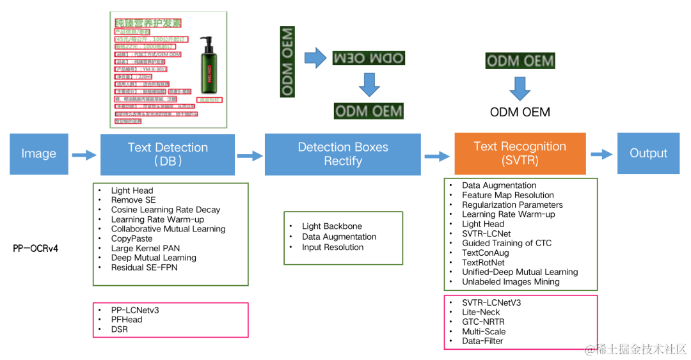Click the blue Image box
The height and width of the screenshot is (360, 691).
pos(38,153)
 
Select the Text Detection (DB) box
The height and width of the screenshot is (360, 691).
pos(168,154)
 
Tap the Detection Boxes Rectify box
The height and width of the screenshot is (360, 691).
pos(343,154)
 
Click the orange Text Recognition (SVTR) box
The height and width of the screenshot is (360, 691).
pos(520,153)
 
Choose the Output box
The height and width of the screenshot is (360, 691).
pos(648,153)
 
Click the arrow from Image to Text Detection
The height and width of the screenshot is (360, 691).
pos(83,154)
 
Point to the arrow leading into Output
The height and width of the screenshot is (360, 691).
pos(601,154)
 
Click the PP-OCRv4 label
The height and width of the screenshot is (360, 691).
pos(36,248)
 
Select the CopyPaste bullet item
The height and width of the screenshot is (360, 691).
pos(132,239)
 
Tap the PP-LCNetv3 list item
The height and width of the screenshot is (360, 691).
pos(135,310)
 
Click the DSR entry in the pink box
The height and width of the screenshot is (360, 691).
pos(120,329)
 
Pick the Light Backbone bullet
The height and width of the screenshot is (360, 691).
pos(332,226)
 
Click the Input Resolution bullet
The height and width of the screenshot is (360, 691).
pos(333,247)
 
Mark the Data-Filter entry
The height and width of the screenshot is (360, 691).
pos(482,341)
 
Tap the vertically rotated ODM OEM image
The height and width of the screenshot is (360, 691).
pos(287,61)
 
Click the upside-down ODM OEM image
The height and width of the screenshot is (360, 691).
pos(369,59)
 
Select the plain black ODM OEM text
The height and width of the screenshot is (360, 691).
pos(520,112)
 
